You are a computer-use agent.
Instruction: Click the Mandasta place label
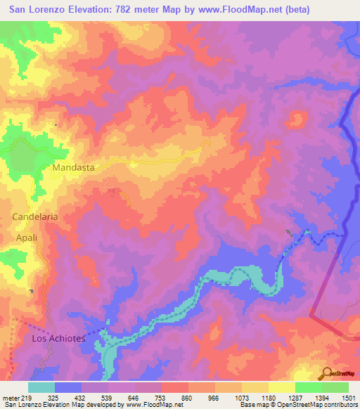pos(74,169)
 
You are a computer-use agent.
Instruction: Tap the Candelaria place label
pos(35,217)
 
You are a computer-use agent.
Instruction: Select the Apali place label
pos(27,238)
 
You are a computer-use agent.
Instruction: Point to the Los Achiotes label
pos(59,339)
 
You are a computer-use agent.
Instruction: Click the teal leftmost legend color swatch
pos(41,387)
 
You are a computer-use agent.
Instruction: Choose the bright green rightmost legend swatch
pos(335,387)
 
